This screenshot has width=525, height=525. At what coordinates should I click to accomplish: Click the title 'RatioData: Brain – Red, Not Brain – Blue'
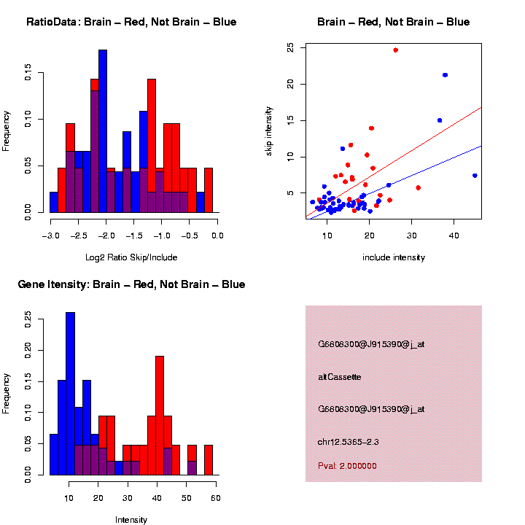pyautogui.click(x=131, y=22)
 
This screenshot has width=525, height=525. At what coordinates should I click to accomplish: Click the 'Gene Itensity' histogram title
pyautogui.click(x=131, y=284)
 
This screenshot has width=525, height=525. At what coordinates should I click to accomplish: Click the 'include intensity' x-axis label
pyautogui.click(x=394, y=257)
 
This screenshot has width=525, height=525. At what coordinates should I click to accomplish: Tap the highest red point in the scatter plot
pyautogui.click(x=395, y=50)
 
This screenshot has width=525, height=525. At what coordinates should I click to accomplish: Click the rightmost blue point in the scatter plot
pyautogui.click(x=475, y=176)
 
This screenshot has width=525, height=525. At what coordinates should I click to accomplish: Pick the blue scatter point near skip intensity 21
pyautogui.click(x=445, y=75)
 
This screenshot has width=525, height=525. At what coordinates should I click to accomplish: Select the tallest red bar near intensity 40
pyautogui.click(x=159, y=416)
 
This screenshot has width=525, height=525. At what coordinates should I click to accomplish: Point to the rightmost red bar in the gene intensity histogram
pyautogui.click(x=209, y=460)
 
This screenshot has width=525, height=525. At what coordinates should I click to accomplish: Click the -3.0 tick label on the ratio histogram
pyautogui.click(x=50, y=236)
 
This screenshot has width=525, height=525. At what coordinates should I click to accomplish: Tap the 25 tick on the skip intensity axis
pyautogui.click(x=291, y=47)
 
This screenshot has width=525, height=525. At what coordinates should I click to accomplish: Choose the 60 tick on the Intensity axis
pyautogui.click(x=216, y=498)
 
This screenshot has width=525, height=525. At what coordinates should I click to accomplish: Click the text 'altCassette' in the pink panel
pyautogui.click(x=340, y=377)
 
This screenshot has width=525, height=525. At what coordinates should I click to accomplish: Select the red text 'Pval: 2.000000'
pyautogui.click(x=348, y=466)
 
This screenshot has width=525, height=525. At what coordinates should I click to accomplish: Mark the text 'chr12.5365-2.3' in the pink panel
pyautogui.click(x=349, y=442)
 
